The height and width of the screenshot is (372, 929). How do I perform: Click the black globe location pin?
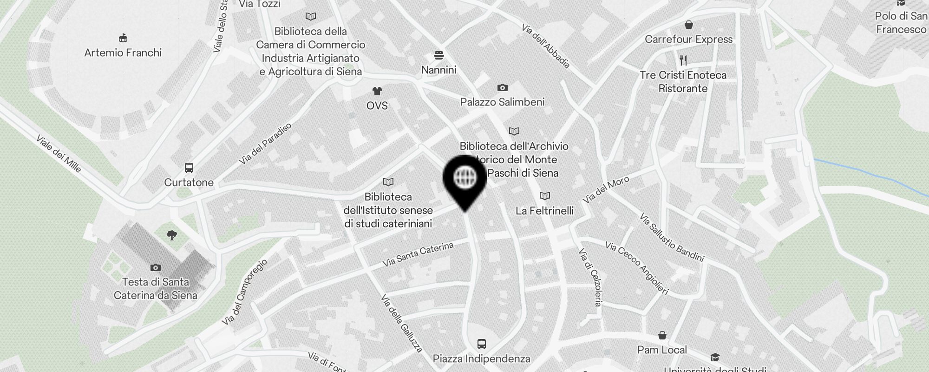coord(464,179)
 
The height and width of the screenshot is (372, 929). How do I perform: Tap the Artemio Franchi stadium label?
coord(123,53)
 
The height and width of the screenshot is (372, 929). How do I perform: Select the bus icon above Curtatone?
coord(189,168)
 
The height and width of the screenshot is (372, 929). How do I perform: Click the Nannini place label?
coord(438,70)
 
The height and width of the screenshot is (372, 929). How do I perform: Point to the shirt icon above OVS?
coord(377,91)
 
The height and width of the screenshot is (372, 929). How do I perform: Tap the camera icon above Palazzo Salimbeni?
coord(502,87)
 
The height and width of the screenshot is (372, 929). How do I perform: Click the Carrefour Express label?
coord(688,40)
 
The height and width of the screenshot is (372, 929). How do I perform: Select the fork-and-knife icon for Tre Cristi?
coord(683,60)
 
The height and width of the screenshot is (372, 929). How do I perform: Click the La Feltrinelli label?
coord(544,211)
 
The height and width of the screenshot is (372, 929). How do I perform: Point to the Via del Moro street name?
coord(606,190)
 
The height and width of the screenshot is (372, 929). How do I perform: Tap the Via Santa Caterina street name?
coord(418,254)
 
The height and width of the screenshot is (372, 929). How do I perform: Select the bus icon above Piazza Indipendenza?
coord(482,344)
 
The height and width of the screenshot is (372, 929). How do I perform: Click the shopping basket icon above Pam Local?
coord(662,335)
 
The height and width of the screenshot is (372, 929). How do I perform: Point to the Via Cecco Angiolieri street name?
coord(636,268)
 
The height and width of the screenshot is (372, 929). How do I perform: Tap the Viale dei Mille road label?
coord(59,154)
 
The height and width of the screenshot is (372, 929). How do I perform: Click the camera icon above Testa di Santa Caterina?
coord(156,267)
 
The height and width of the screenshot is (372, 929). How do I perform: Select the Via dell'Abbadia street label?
coord(546,46)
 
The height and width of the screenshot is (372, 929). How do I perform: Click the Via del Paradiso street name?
coord(265,144)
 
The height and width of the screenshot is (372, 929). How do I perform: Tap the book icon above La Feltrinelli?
coord(544,196)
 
